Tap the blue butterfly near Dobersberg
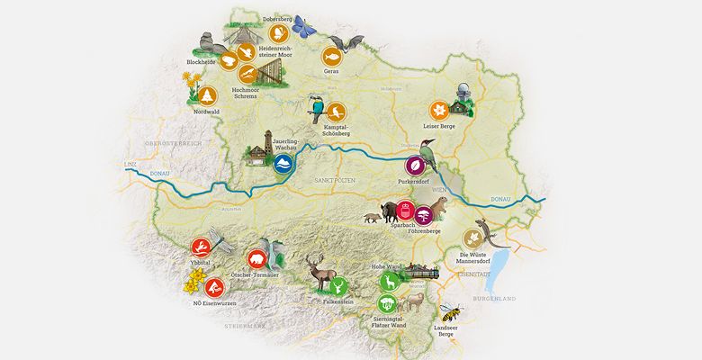coord(309,28)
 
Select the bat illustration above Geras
coord(346,43)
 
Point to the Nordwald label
coord(206,112)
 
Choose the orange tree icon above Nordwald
coord(207,93)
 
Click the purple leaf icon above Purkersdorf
coord(413,166)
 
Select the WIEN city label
coord(438,191)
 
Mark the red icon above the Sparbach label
coord(405,211)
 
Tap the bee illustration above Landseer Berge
coord(451,314)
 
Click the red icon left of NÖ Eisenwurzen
coord(213,287)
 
